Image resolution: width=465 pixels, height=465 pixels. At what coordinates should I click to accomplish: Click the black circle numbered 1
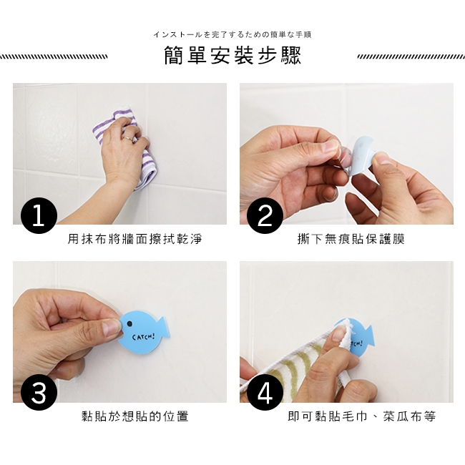(x=39, y=215)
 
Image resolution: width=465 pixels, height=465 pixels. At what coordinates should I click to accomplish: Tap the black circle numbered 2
(x=265, y=215)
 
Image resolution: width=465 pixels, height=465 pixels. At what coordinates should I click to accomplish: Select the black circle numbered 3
(x=39, y=393)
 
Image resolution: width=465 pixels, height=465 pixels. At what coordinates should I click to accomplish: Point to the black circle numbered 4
(x=265, y=393)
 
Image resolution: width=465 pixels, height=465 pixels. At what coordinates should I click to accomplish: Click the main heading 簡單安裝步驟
(x=232, y=56)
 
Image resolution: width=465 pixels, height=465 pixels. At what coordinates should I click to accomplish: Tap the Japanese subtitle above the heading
(x=232, y=35)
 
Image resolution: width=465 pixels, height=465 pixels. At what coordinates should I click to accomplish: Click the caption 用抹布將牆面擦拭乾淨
(x=135, y=239)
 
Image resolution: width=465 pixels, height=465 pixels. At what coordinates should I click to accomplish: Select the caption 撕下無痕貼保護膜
(x=351, y=239)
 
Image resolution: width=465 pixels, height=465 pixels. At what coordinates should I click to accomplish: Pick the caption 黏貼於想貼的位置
(x=135, y=416)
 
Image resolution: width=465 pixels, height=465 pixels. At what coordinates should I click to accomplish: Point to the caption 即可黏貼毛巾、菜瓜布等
(x=362, y=416)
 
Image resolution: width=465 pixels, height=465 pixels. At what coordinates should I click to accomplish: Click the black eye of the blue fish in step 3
(x=129, y=323)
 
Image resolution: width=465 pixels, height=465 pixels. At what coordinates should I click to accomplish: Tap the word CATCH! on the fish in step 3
(x=144, y=337)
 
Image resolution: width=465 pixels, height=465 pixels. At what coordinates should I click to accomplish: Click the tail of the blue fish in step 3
(x=164, y=328)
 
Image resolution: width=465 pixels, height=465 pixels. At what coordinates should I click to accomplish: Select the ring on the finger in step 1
(x=129, y=138)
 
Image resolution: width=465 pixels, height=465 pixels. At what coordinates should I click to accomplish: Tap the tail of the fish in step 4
(x=370, y=336)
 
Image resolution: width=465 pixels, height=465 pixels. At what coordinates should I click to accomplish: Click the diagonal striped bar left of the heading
(x=54, y=57)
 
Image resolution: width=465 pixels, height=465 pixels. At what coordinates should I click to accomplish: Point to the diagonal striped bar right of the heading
(x=411, y=57)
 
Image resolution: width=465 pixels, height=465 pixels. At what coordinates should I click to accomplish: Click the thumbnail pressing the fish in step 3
(x=112, y=327)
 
